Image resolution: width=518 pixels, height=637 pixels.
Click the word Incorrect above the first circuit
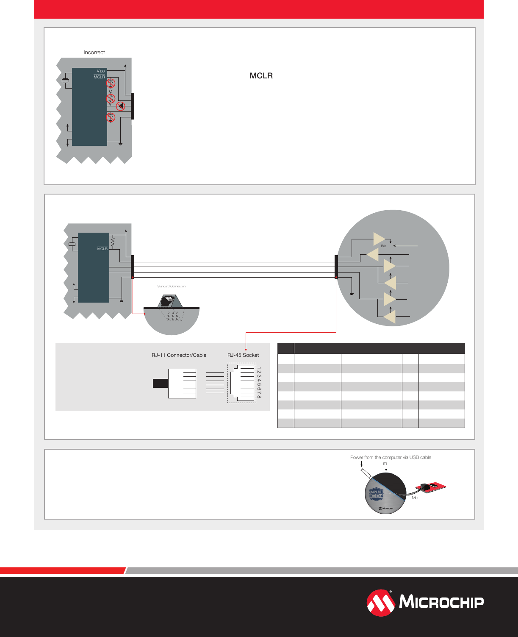[94, 53]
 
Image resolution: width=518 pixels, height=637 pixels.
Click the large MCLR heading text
[261, 75]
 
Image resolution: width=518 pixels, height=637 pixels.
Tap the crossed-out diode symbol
[121, 106]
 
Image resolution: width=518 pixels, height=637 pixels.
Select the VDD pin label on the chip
[100, 71]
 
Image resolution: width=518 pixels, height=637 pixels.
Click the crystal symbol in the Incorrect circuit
[66, 81]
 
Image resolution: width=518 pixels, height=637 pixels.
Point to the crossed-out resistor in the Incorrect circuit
[111, 99]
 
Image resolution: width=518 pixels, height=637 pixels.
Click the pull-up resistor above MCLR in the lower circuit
[113, 242]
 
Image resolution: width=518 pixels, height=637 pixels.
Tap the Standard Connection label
[171, 287]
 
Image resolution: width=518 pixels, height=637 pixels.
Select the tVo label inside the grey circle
[383, 246]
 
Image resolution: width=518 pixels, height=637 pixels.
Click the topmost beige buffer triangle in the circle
[378, 239]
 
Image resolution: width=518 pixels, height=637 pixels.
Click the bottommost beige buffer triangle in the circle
[390, 317]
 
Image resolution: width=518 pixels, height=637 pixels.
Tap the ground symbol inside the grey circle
[352, 293]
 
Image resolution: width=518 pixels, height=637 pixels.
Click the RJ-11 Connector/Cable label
[179, 355]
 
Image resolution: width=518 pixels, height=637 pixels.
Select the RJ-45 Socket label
[243, 355]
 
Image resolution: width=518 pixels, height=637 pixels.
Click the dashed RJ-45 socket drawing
[242, 383]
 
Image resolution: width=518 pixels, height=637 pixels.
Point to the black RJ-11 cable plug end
[161, 383]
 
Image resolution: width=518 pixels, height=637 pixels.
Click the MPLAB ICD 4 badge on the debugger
[376, 494]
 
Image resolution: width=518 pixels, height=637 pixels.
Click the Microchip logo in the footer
[425, 602]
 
